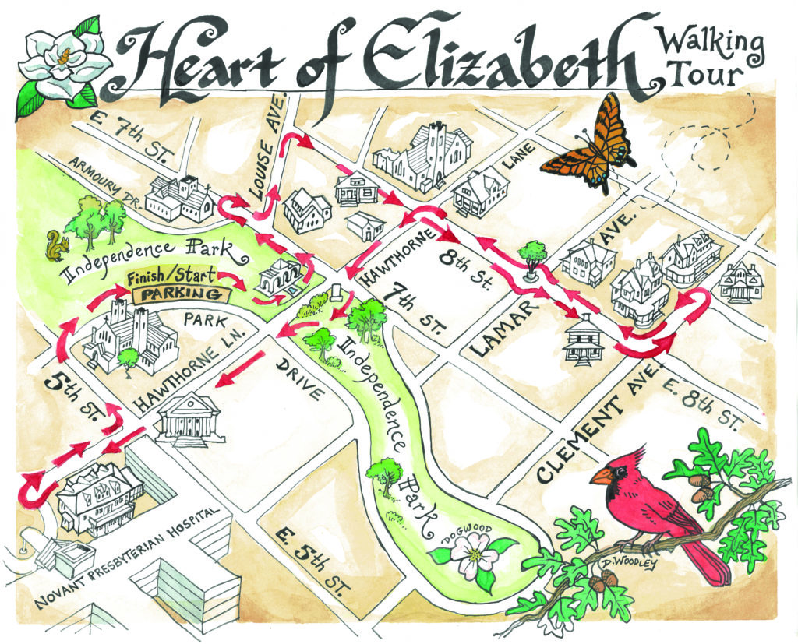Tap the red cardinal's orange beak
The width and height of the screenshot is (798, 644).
pyautogui.click(x=601, y=476)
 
